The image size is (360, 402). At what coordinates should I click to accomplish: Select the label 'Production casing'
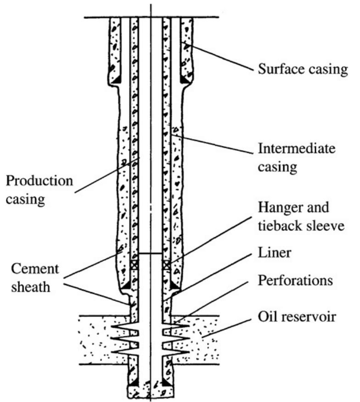coord(39,190)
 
